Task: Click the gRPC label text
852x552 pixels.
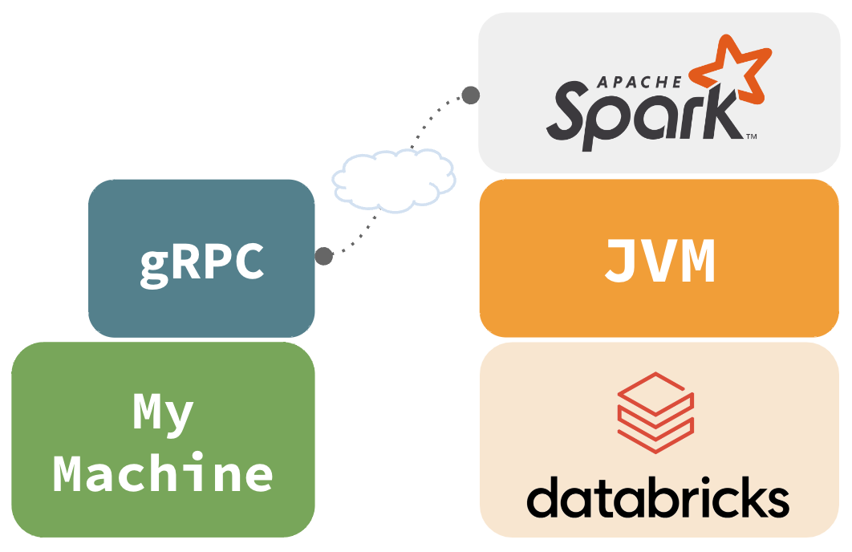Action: coord(201,262)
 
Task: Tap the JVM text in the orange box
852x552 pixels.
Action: coord(659,262)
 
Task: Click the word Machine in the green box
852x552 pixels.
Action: coord(164,473)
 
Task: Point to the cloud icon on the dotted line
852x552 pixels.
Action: coord(393,181)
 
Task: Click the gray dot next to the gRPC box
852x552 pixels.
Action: coord(323,256)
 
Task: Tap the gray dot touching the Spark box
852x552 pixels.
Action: coord(471,95)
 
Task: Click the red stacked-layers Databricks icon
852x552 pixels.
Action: coord(655,412)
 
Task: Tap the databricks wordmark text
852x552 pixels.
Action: coord(658,497)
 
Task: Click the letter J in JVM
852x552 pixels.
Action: coord(617,262)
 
